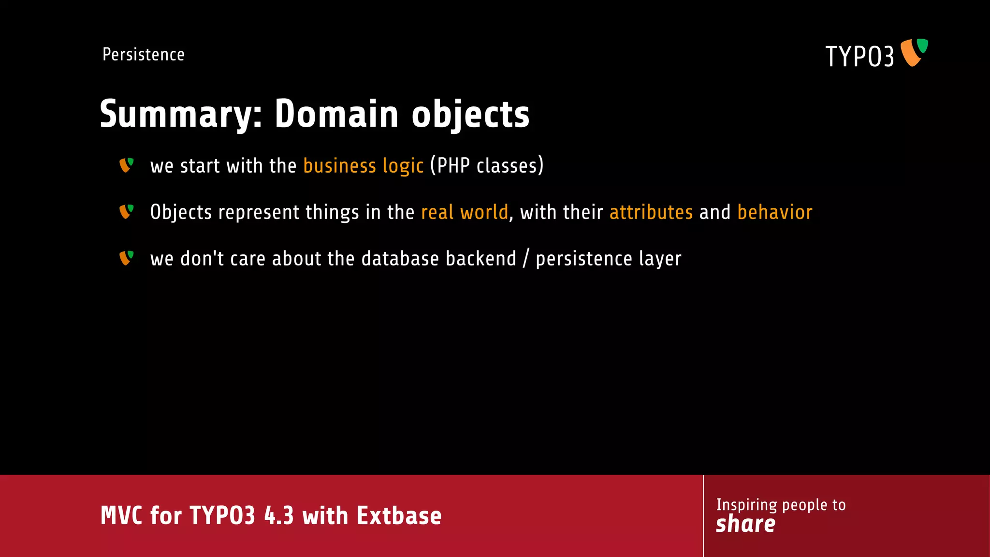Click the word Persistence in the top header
(x=144, y=55)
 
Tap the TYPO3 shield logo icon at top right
(x=914, y=52)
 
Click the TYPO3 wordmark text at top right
(x=859, y=57)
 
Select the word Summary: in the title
(x=181, y=115)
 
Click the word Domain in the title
(x=336, y=114)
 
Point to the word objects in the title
(x=470, y=115)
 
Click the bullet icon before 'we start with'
(x=126, y=165)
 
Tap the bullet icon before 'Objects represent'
(x=126, y=212)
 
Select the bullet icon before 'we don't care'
(x=126, y=258)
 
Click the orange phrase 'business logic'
(x=364, y=166)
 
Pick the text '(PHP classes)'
(x=487, y=165)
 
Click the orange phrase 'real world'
(x=465, y=212)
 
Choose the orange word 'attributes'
(x=651, y=212)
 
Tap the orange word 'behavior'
(x=775, y=212)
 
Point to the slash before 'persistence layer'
(x=526, y=259)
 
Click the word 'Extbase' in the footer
(x=399, y=516)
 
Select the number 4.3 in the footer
(x=279, y=516)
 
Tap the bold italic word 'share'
(x=745, y=524)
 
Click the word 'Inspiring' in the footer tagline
(x=746, y=505)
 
